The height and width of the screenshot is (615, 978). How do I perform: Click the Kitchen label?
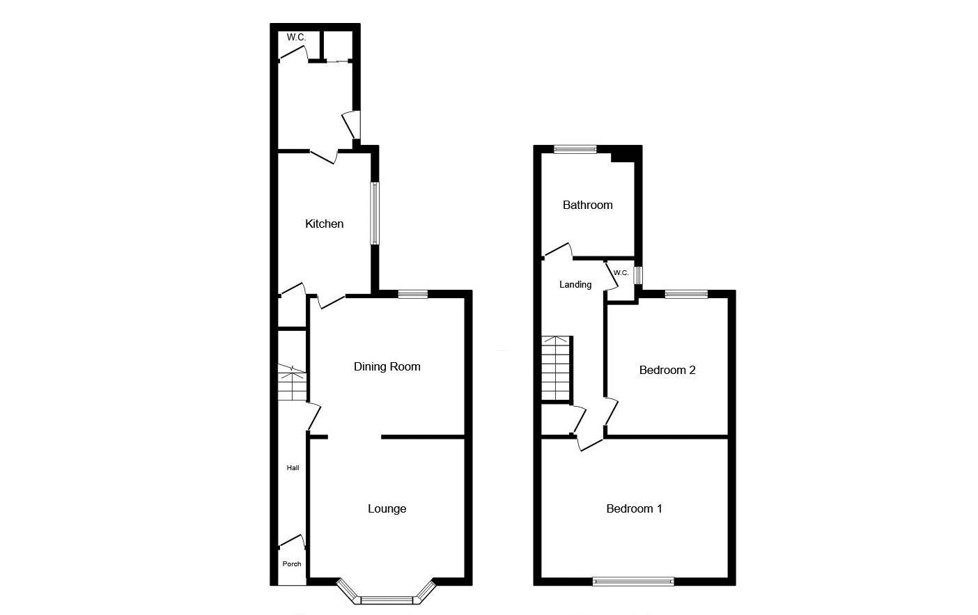point(324,224)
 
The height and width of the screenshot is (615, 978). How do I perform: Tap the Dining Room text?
point(387,366)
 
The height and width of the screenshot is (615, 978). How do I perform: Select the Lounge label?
point(387,509)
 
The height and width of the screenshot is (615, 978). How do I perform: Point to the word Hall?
point(293,468)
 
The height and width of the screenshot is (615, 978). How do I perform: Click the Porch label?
point(292,564)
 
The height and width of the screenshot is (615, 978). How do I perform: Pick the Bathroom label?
point(587,205)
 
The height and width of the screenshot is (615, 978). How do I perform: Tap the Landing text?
point(575,285)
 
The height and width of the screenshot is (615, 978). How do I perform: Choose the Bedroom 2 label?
point(667,370)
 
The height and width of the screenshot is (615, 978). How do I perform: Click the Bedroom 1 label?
point(634,508)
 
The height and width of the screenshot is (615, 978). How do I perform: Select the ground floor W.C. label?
point(297,38)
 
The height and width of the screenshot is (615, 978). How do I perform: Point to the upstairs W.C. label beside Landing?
point(621,273)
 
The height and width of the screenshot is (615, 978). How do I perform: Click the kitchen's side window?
point(375,213)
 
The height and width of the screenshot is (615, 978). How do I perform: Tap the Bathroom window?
point(575,149)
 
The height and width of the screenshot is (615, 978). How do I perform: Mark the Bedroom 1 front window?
point(633,582)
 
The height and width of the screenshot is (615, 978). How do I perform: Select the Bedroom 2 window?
point(686,294)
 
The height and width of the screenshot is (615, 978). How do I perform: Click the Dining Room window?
point(413,294)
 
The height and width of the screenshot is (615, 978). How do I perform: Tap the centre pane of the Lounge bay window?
point(387,600)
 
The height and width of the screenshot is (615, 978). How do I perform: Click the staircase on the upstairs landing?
point(557,368)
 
